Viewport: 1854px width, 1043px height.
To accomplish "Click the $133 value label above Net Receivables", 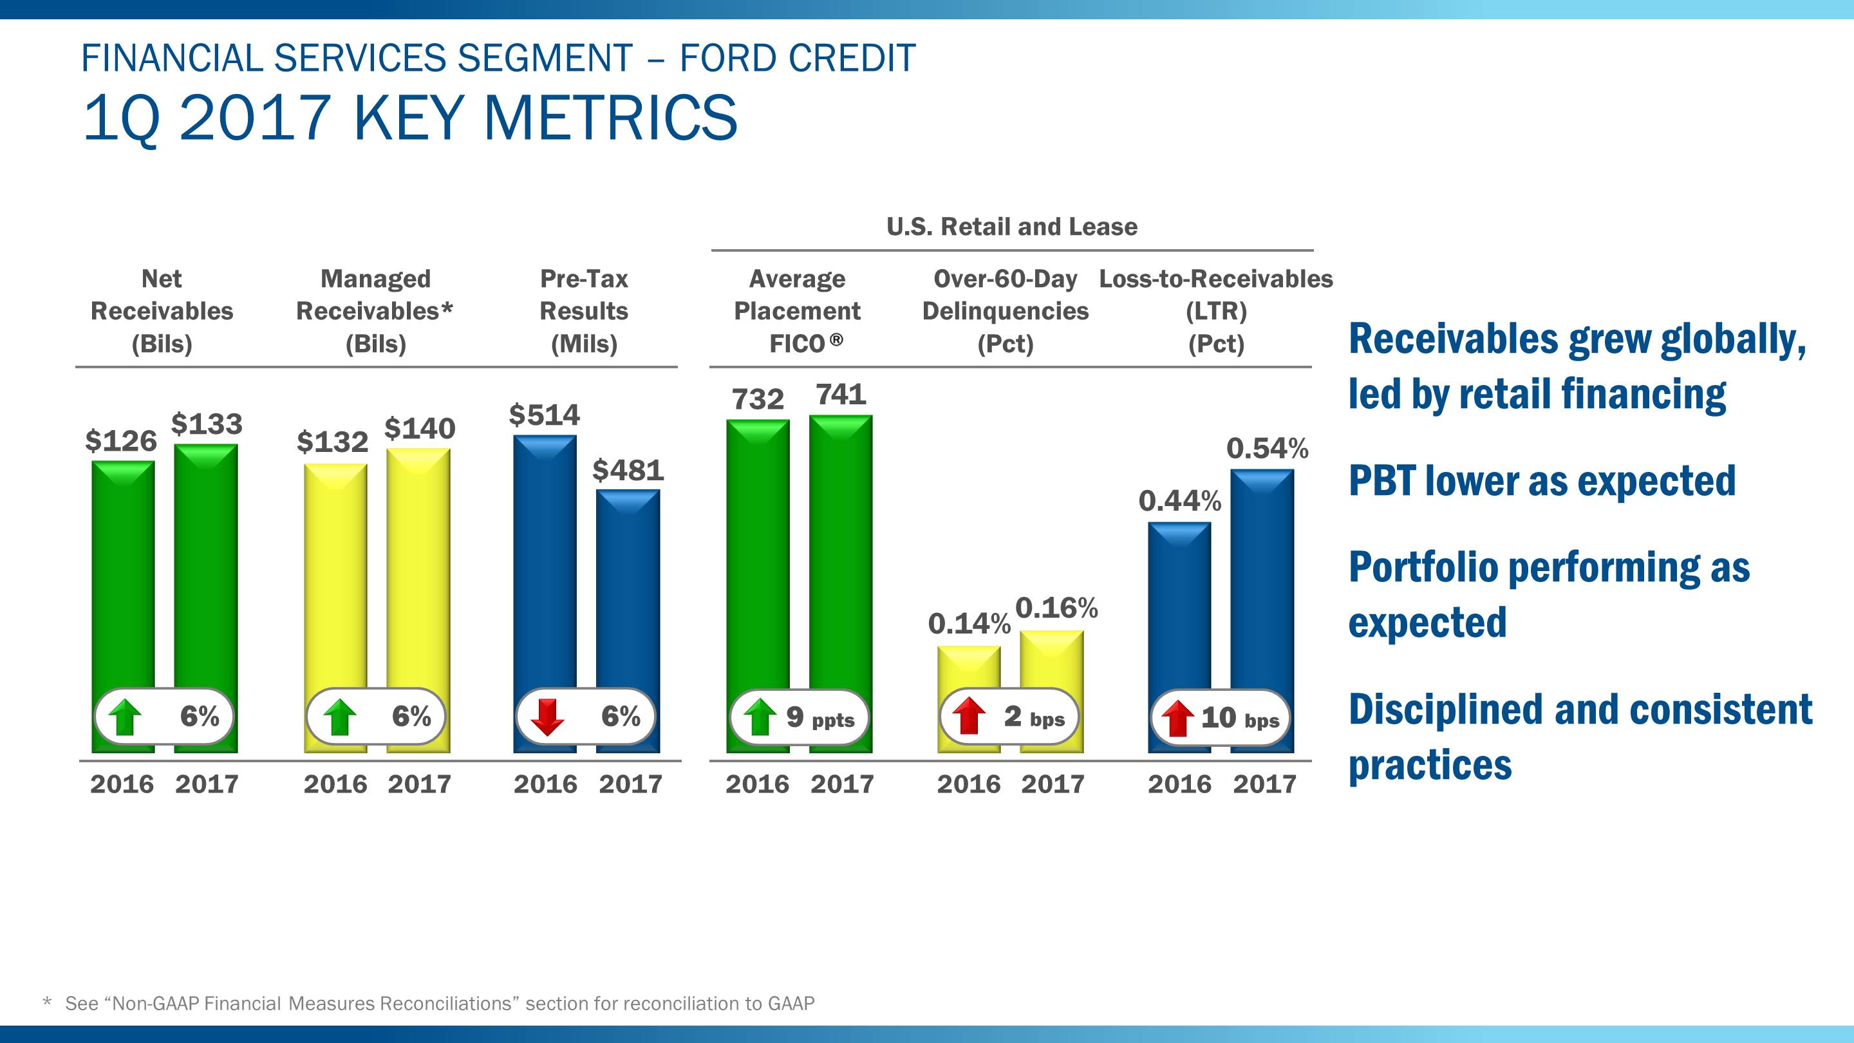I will pyautogui.click(x=207, y=424).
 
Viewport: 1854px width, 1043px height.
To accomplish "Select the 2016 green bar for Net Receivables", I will pyautogui.click(x=123, y=576).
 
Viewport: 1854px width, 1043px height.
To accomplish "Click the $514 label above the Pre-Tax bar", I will pyautogui.click(x=544, y=415).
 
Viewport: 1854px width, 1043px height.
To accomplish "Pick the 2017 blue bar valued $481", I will pyautogui.click(x=628, y=590).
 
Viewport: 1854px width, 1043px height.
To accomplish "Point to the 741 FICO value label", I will pyautogui.click(x=841, y=395).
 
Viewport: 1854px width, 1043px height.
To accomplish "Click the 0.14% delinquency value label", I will pyautogui.click(x=969, y=624).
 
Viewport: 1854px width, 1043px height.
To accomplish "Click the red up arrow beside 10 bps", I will pyautogui.click(x=1177, y=719).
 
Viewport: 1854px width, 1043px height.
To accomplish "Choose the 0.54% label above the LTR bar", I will pyautogui.click(x=1267, y=449).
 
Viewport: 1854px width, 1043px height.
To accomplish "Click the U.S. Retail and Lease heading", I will pyautogui.click(x=1011, y=227).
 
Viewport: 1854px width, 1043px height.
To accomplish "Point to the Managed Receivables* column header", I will pyautogui.click(x=375, y=311).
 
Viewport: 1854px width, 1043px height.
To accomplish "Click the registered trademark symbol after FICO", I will pyautogui.click(x=836, y=339).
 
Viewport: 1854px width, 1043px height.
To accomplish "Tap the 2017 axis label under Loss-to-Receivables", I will pyautogui.click(x=1264, y=784).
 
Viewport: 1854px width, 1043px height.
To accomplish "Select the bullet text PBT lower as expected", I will pyautogui.click(x=1542, y=482).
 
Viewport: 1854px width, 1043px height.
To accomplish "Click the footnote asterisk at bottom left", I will pyautogui.click(x=48, y=1002).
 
